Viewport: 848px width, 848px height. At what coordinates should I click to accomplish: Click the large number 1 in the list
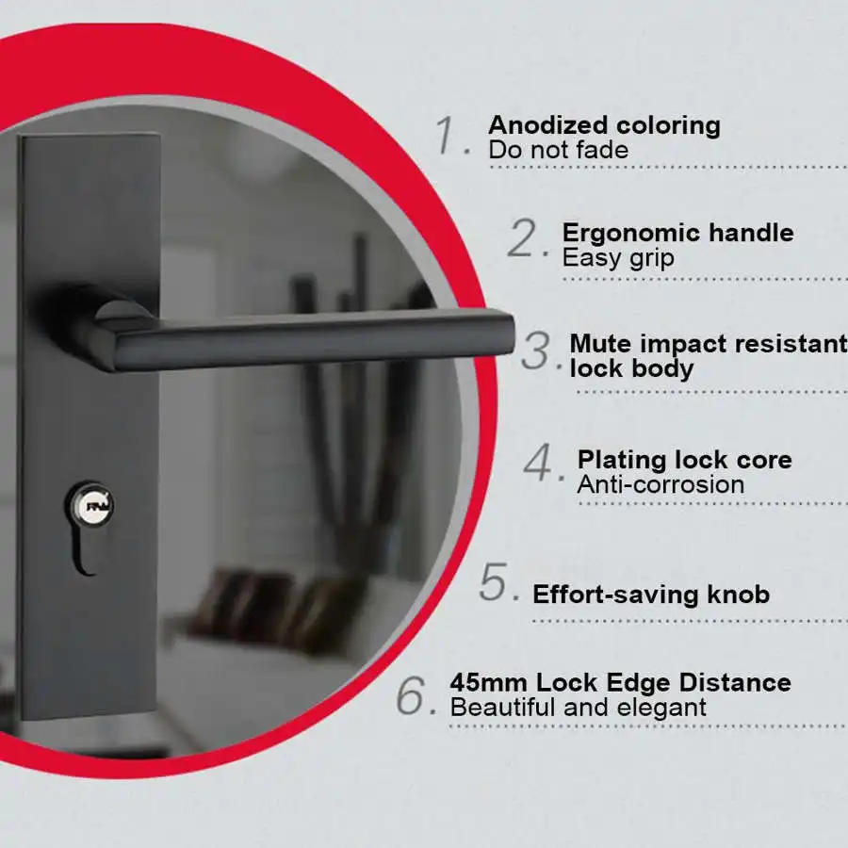449,136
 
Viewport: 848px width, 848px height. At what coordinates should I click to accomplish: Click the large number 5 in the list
497,583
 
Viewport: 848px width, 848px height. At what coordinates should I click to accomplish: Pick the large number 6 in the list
415,696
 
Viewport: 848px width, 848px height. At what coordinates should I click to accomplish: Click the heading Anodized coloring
604,125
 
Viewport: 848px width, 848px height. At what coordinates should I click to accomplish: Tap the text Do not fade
558,150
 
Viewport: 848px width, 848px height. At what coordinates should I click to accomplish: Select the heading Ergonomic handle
677,233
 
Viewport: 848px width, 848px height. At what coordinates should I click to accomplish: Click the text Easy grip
618,258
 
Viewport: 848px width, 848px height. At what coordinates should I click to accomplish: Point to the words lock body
631,368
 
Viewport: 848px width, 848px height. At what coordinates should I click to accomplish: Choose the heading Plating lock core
684,460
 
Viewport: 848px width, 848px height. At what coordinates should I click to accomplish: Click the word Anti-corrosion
660,485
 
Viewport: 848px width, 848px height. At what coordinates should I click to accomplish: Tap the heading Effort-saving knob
650,595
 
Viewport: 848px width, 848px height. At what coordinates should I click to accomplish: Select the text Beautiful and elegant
578,708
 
